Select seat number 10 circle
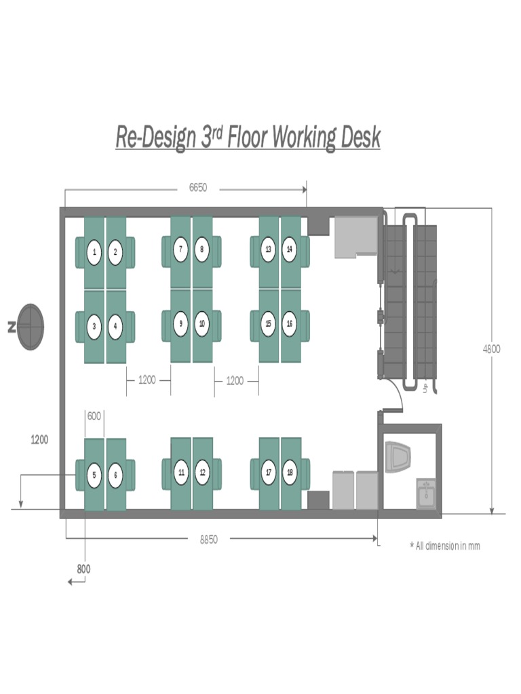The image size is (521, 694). [202, 324]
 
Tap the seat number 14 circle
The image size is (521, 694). [290, 249]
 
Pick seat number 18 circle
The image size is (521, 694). [290, 472]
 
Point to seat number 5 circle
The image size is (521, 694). [94, 475]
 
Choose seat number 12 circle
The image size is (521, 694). [202, 472]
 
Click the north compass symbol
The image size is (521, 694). [31, 327]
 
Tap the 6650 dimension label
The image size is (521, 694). [197, 188]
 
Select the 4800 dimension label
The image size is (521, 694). [491, 349]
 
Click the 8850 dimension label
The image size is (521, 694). [209, 539]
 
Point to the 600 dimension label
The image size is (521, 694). [94, 416]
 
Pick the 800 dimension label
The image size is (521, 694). [83, 569]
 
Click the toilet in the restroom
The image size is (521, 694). [398, 457]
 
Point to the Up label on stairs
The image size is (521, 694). [425, 387]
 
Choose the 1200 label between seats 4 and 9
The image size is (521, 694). [147, 380]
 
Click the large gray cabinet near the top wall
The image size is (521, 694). [355, 237]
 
